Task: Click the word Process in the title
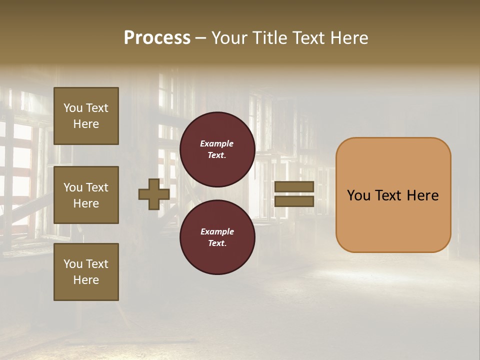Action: click(x=157, y=38)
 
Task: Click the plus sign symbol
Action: click(x=154, y=194)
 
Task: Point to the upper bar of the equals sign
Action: click(x=294, y=186)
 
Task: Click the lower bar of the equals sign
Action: click(x=294, y=201)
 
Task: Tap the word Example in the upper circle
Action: click(x=217, y=143)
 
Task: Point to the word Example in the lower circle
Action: click(x=217, y=231)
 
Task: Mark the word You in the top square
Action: click(x=72, y=108)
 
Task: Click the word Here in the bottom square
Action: click(x=86, y=280)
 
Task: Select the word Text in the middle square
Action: click(x=97, y=187)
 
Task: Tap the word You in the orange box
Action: click(x=358, y=195)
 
